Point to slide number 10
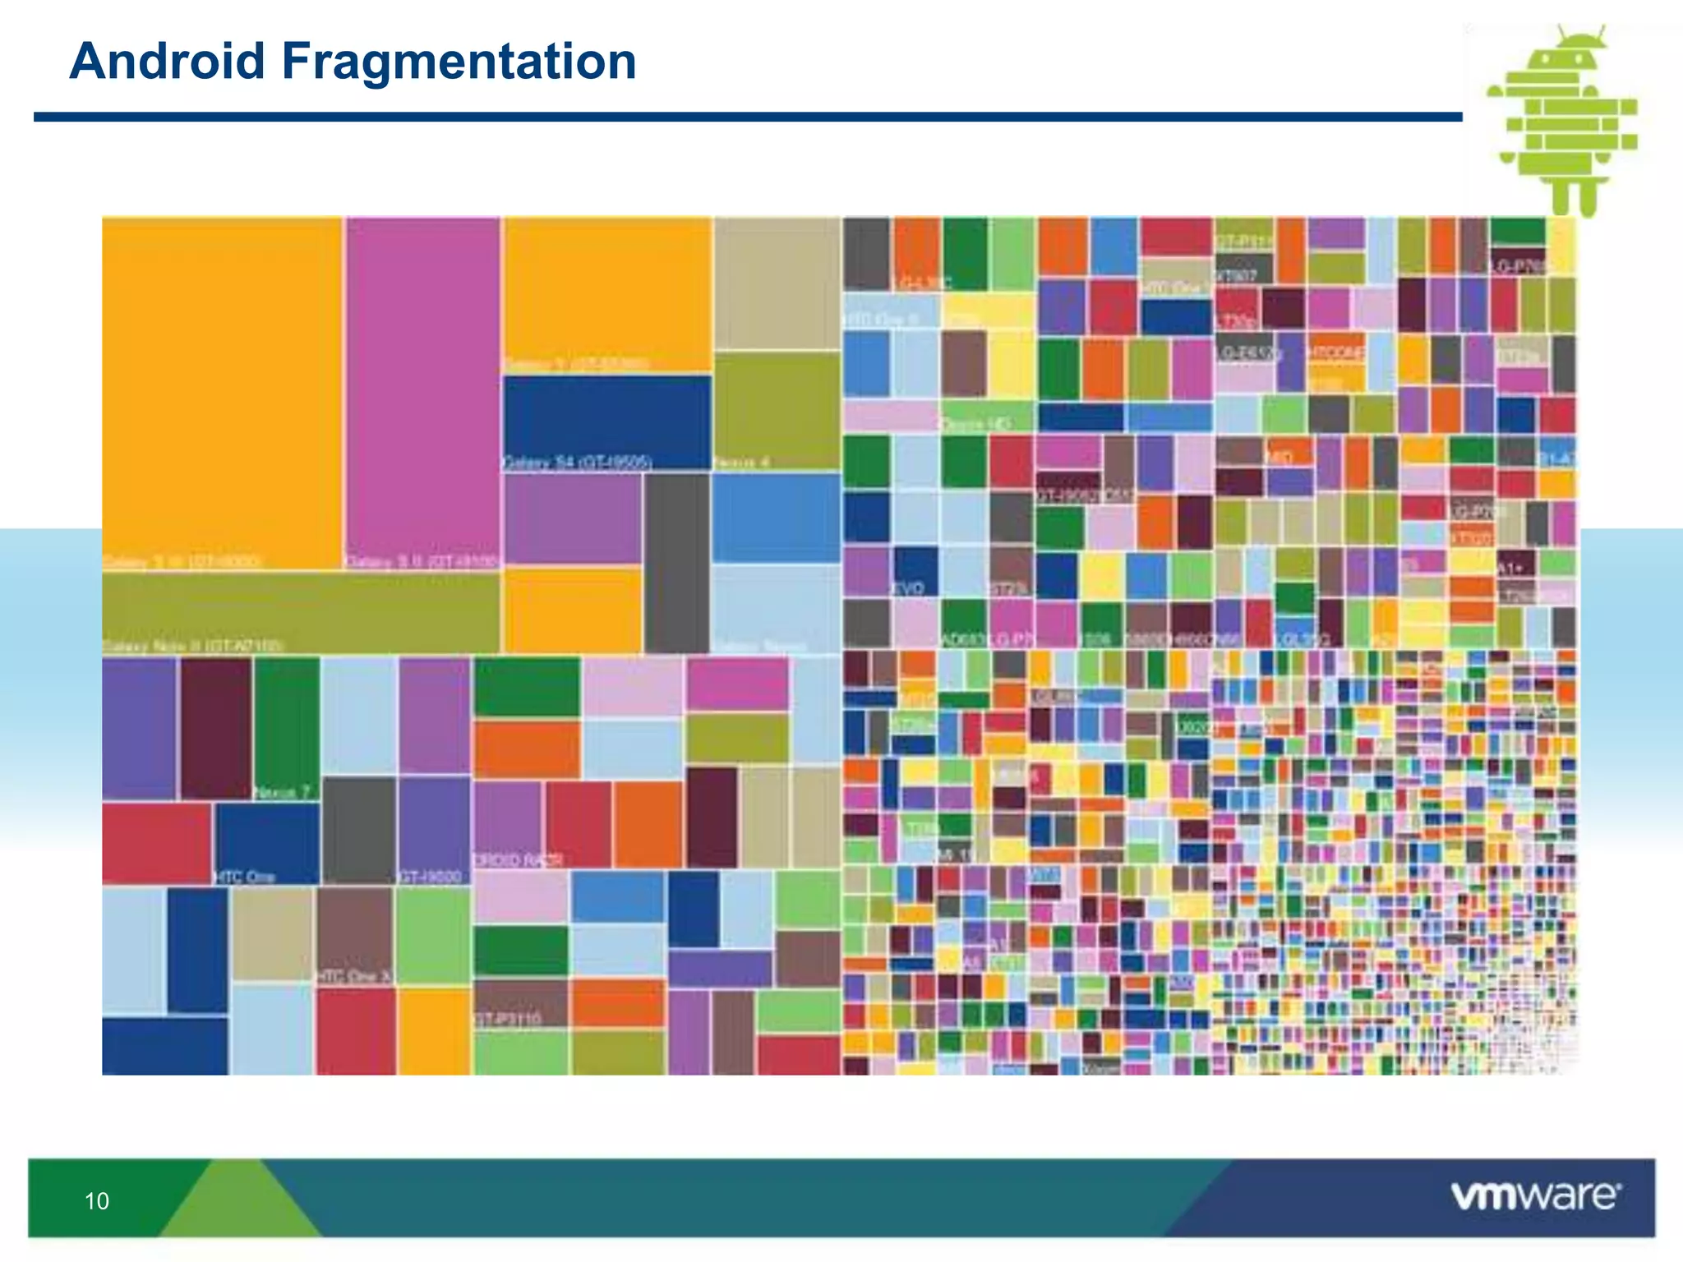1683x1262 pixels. tap(97, 1201)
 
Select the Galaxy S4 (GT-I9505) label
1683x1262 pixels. tap(577, 463)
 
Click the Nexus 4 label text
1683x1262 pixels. tap(741, 463)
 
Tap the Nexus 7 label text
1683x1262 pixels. tap(282, 793)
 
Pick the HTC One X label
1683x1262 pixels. tap(354, 976)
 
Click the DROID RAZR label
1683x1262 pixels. tap(518, 860)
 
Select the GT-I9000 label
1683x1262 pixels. tap(430, 877)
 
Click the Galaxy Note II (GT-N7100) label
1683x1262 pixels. tap(193, 646)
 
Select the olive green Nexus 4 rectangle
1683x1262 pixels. tap(777, 407)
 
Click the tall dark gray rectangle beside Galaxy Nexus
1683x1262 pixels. tap(676, 563)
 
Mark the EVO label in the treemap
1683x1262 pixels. tap(908, 588)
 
